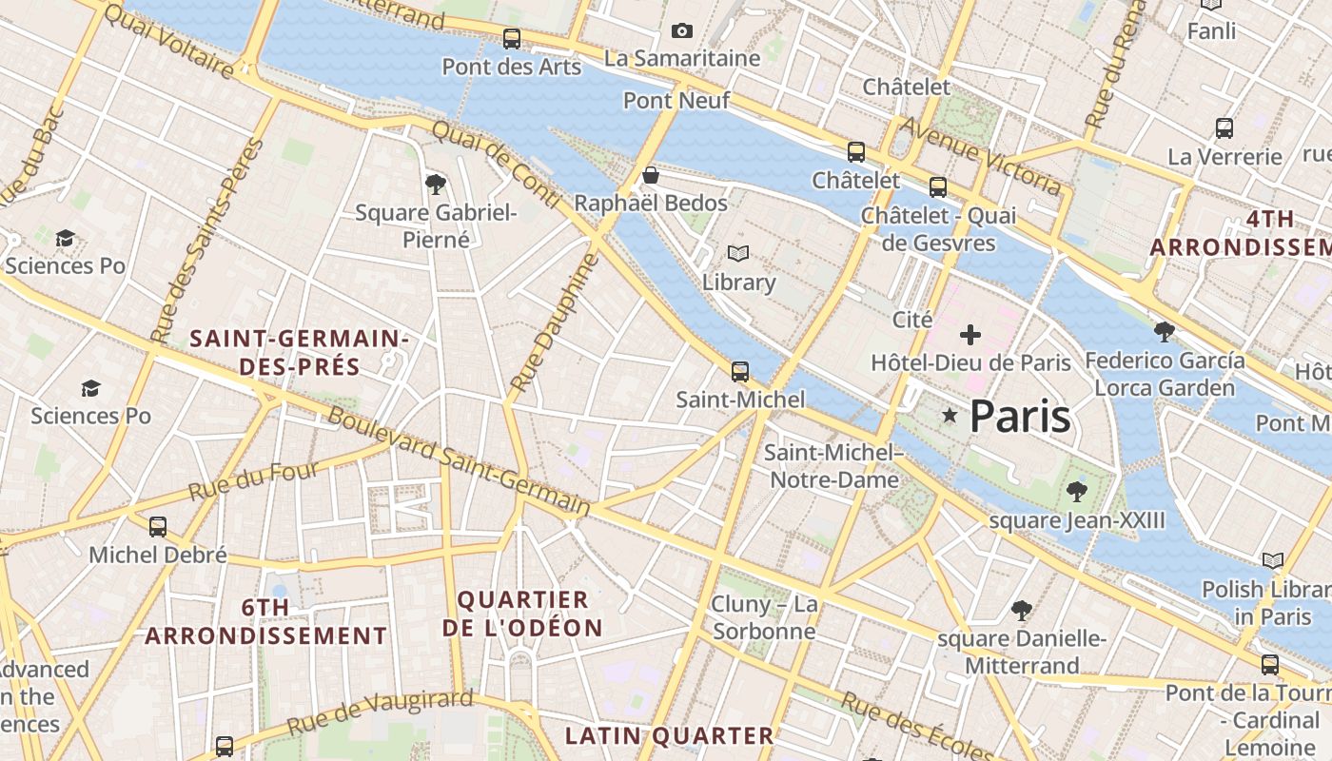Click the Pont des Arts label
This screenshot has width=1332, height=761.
pos(512,68)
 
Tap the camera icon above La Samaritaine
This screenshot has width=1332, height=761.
pos(682,31)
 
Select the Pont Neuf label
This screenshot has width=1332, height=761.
pos(676,100)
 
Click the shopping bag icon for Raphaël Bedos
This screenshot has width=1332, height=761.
pos(651,176)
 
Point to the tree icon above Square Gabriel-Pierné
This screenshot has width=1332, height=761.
pos(436,184)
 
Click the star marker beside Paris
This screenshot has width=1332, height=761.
pos(950,416)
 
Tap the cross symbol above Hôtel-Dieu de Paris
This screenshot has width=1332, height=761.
pos(970,335)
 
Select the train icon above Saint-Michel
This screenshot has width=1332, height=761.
pos(740,372)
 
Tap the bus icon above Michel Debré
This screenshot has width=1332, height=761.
pos(158,527)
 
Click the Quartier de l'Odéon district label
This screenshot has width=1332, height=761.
pos(522,614)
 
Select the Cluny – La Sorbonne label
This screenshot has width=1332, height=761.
pos(764,617)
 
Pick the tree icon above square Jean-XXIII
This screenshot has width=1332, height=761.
pos(1077,492)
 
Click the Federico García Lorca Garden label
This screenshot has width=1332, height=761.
pos(1165,374)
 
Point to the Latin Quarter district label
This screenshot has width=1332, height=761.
pos(670,735)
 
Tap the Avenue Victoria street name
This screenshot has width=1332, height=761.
pos(980,155)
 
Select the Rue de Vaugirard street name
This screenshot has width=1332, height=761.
pos(380,712)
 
